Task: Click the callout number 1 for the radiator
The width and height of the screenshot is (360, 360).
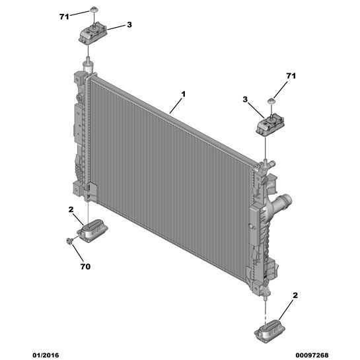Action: tap(183, 94)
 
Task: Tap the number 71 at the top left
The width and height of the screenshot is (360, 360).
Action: tap(64, 17)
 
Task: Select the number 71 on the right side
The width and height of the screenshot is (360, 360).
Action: tap(291, 76)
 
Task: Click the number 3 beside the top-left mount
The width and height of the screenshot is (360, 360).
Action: tap(129, 24)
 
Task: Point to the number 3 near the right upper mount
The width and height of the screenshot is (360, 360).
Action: tap(245, 100)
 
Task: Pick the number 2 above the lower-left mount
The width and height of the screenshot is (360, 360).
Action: tap(71, 209)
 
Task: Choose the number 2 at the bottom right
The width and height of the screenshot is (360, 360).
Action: tap(295, 295)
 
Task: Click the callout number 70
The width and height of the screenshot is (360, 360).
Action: tap(85, 267)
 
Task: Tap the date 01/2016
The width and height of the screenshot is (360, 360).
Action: tap(46, 355)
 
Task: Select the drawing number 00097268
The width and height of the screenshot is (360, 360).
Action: tap(312, 355)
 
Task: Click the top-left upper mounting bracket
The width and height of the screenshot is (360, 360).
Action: tap(93, 34)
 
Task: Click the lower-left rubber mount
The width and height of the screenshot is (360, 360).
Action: tap(92, 231)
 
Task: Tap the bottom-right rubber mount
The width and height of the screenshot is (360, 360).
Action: tap(270, 331)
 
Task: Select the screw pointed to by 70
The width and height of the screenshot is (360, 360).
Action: tap(69, 240)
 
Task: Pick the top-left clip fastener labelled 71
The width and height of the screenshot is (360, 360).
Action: tap(93, 9)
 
